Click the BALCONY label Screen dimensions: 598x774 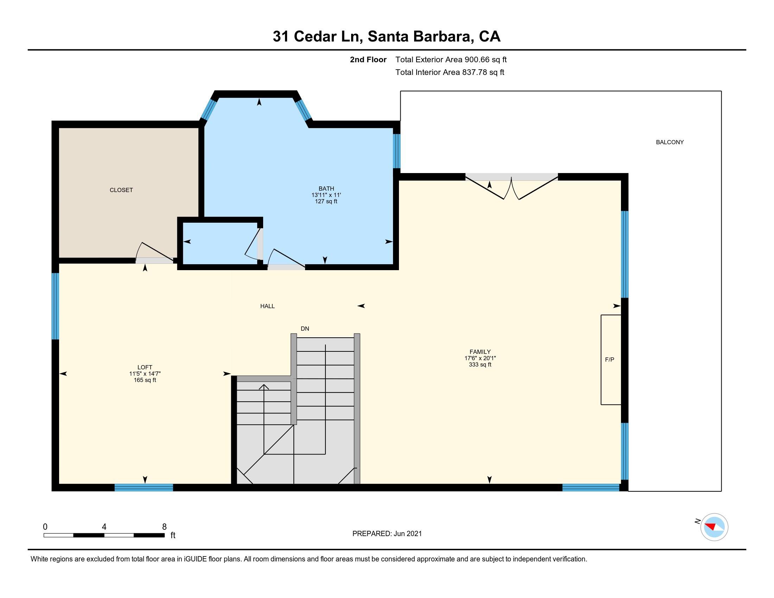click(x=670, y=142)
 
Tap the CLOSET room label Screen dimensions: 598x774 click(x=121, y=190)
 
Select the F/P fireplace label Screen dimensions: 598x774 click(x=609, y=360)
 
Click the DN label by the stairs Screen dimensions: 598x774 click(x=305, y=329)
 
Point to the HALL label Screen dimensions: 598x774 click(x=267, y=306)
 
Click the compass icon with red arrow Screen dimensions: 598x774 click(x=714, y=527)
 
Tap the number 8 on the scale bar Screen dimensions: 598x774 click(x=164, y=527)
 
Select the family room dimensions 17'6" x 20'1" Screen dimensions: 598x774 click(x=480, y=358)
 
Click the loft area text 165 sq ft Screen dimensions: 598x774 click(x=145, y=380)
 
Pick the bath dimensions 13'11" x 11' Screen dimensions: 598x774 click(x=326, y=195)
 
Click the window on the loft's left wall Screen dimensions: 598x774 click(x=55, y=306)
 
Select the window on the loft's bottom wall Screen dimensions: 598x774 click(x=144, y=488)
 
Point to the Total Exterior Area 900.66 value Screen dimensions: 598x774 click(x=477, y=59)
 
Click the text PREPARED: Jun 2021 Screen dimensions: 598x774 click(x=387, y=534)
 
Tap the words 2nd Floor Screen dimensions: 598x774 click(x=368, y=59)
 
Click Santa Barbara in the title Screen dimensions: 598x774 click(x=421, y=37)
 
